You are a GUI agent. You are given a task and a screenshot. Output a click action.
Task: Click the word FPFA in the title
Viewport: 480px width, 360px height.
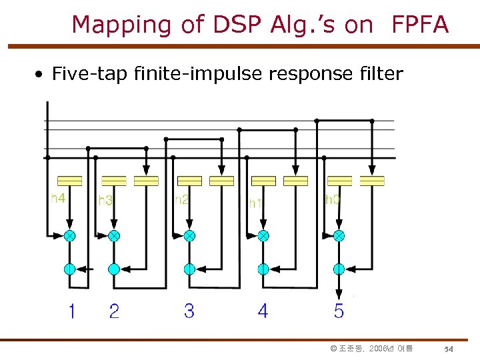click(421, 25)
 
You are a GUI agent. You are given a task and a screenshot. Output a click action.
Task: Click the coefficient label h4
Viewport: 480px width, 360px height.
click(59, 198)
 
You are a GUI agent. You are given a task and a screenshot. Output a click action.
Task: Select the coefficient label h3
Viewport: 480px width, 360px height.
click(105, 200)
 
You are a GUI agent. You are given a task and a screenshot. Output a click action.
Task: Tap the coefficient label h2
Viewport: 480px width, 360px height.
click(181, 199)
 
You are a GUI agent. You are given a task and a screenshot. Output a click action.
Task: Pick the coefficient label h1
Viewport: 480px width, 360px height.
click(255, 202)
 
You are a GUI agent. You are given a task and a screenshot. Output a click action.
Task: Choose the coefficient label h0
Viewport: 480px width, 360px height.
click(332, 199)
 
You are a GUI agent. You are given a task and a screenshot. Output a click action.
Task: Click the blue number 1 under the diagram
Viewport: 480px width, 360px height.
click(71, 311)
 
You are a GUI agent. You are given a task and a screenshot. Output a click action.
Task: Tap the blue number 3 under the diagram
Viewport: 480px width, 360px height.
click(189, 311)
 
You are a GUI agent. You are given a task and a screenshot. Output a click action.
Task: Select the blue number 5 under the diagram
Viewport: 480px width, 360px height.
click(339, 311)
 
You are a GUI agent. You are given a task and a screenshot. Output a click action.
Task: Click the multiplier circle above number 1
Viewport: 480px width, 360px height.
click(69, 235)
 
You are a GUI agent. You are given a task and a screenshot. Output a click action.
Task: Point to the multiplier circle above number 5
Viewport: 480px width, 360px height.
click(339, 235)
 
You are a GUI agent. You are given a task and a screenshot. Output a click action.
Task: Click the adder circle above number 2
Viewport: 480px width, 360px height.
click(114, 269)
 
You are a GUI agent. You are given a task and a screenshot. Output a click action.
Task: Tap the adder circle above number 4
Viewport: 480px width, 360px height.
click(263, 269)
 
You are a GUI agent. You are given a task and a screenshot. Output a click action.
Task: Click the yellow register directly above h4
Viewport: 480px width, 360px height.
click(69, 181)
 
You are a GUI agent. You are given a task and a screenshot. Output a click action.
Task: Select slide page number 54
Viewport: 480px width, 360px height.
click(449, 349)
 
